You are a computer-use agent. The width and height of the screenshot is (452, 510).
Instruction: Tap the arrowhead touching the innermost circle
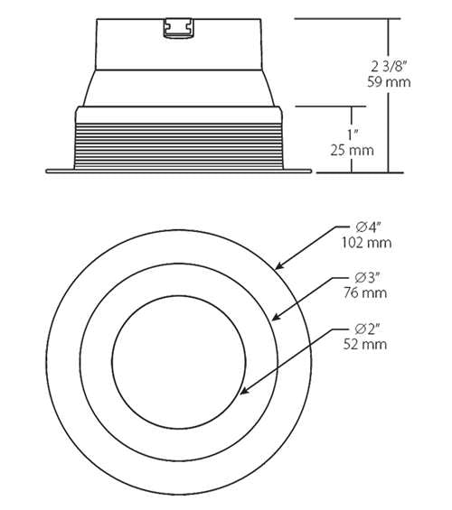pos(244,391)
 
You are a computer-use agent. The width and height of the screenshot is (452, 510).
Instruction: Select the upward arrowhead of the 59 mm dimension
pos(390,22)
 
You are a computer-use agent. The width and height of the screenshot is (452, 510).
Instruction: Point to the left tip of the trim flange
pos(48,169)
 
